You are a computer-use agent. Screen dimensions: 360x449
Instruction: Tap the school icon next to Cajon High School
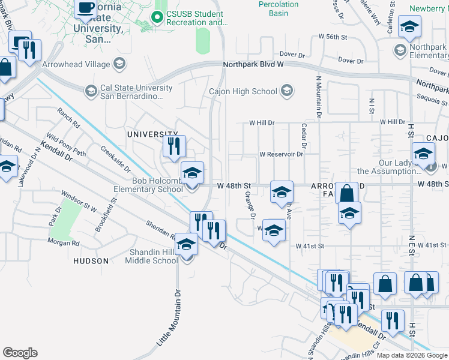(287, 91)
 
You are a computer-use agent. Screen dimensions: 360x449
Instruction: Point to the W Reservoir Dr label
(281, 154)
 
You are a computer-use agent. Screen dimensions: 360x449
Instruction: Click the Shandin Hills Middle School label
(151, 256)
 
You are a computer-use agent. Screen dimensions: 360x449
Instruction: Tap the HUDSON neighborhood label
(91, 261)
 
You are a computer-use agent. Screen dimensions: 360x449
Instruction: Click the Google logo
(20, 352)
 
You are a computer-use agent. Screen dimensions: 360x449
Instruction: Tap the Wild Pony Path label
(66, 145)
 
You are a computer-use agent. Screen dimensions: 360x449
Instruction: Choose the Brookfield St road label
(106, 217)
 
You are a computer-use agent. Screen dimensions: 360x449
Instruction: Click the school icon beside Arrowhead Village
(119, 63)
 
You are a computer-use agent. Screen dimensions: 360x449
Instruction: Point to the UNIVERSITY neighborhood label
(152, 134)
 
